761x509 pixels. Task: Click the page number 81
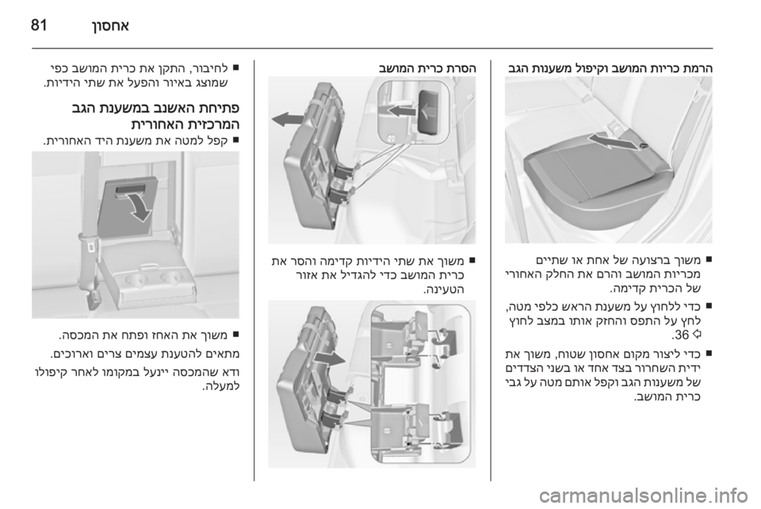coord(39,25)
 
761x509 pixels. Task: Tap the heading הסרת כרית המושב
coord(427,68)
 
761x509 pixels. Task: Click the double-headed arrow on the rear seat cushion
coord(613,143)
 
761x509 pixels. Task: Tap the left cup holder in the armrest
coord(135,278)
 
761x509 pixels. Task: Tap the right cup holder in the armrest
coord(171,278)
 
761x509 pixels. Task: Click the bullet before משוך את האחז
coord(235,334)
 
